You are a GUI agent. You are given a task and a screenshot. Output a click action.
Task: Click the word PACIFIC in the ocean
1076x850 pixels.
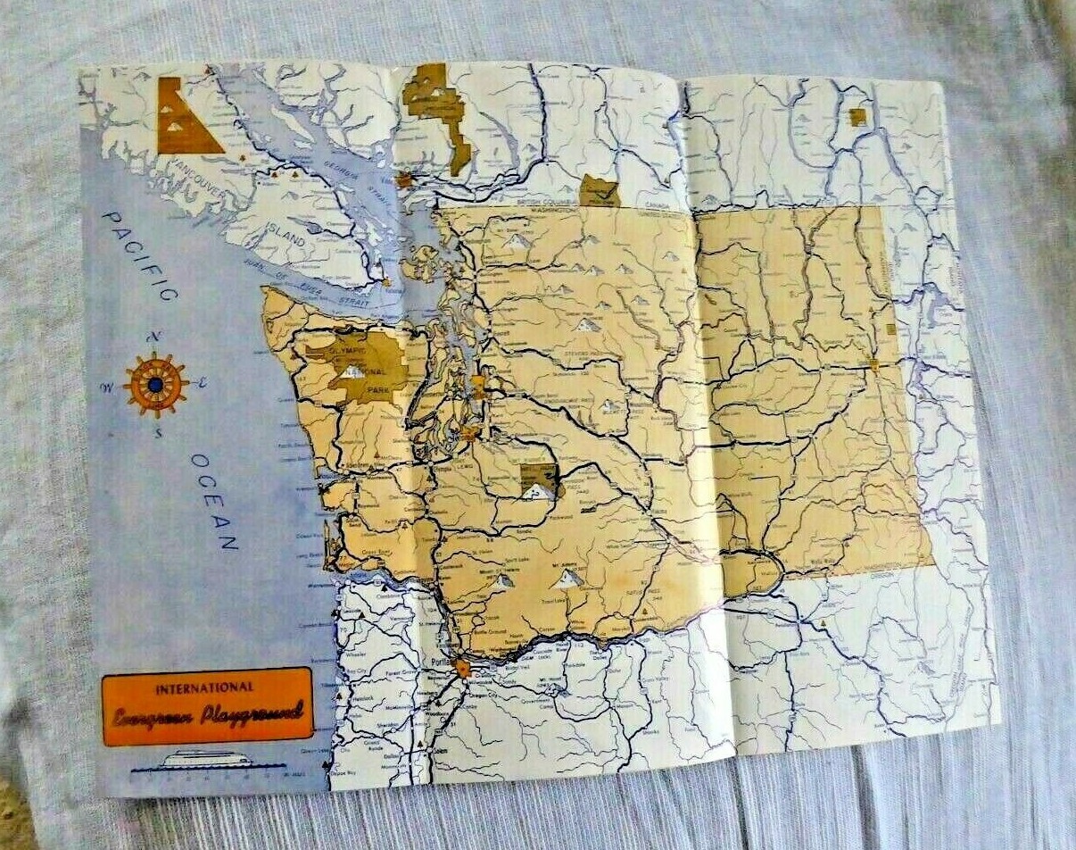[x=141, y=255]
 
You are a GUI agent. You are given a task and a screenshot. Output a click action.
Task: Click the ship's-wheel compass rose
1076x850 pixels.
[x=156, y=385]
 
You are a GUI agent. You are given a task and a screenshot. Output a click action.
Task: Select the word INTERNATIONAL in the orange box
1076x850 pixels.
[x=204, y=688]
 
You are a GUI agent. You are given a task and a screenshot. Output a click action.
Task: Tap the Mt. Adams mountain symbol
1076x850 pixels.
[x=567, y=579]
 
